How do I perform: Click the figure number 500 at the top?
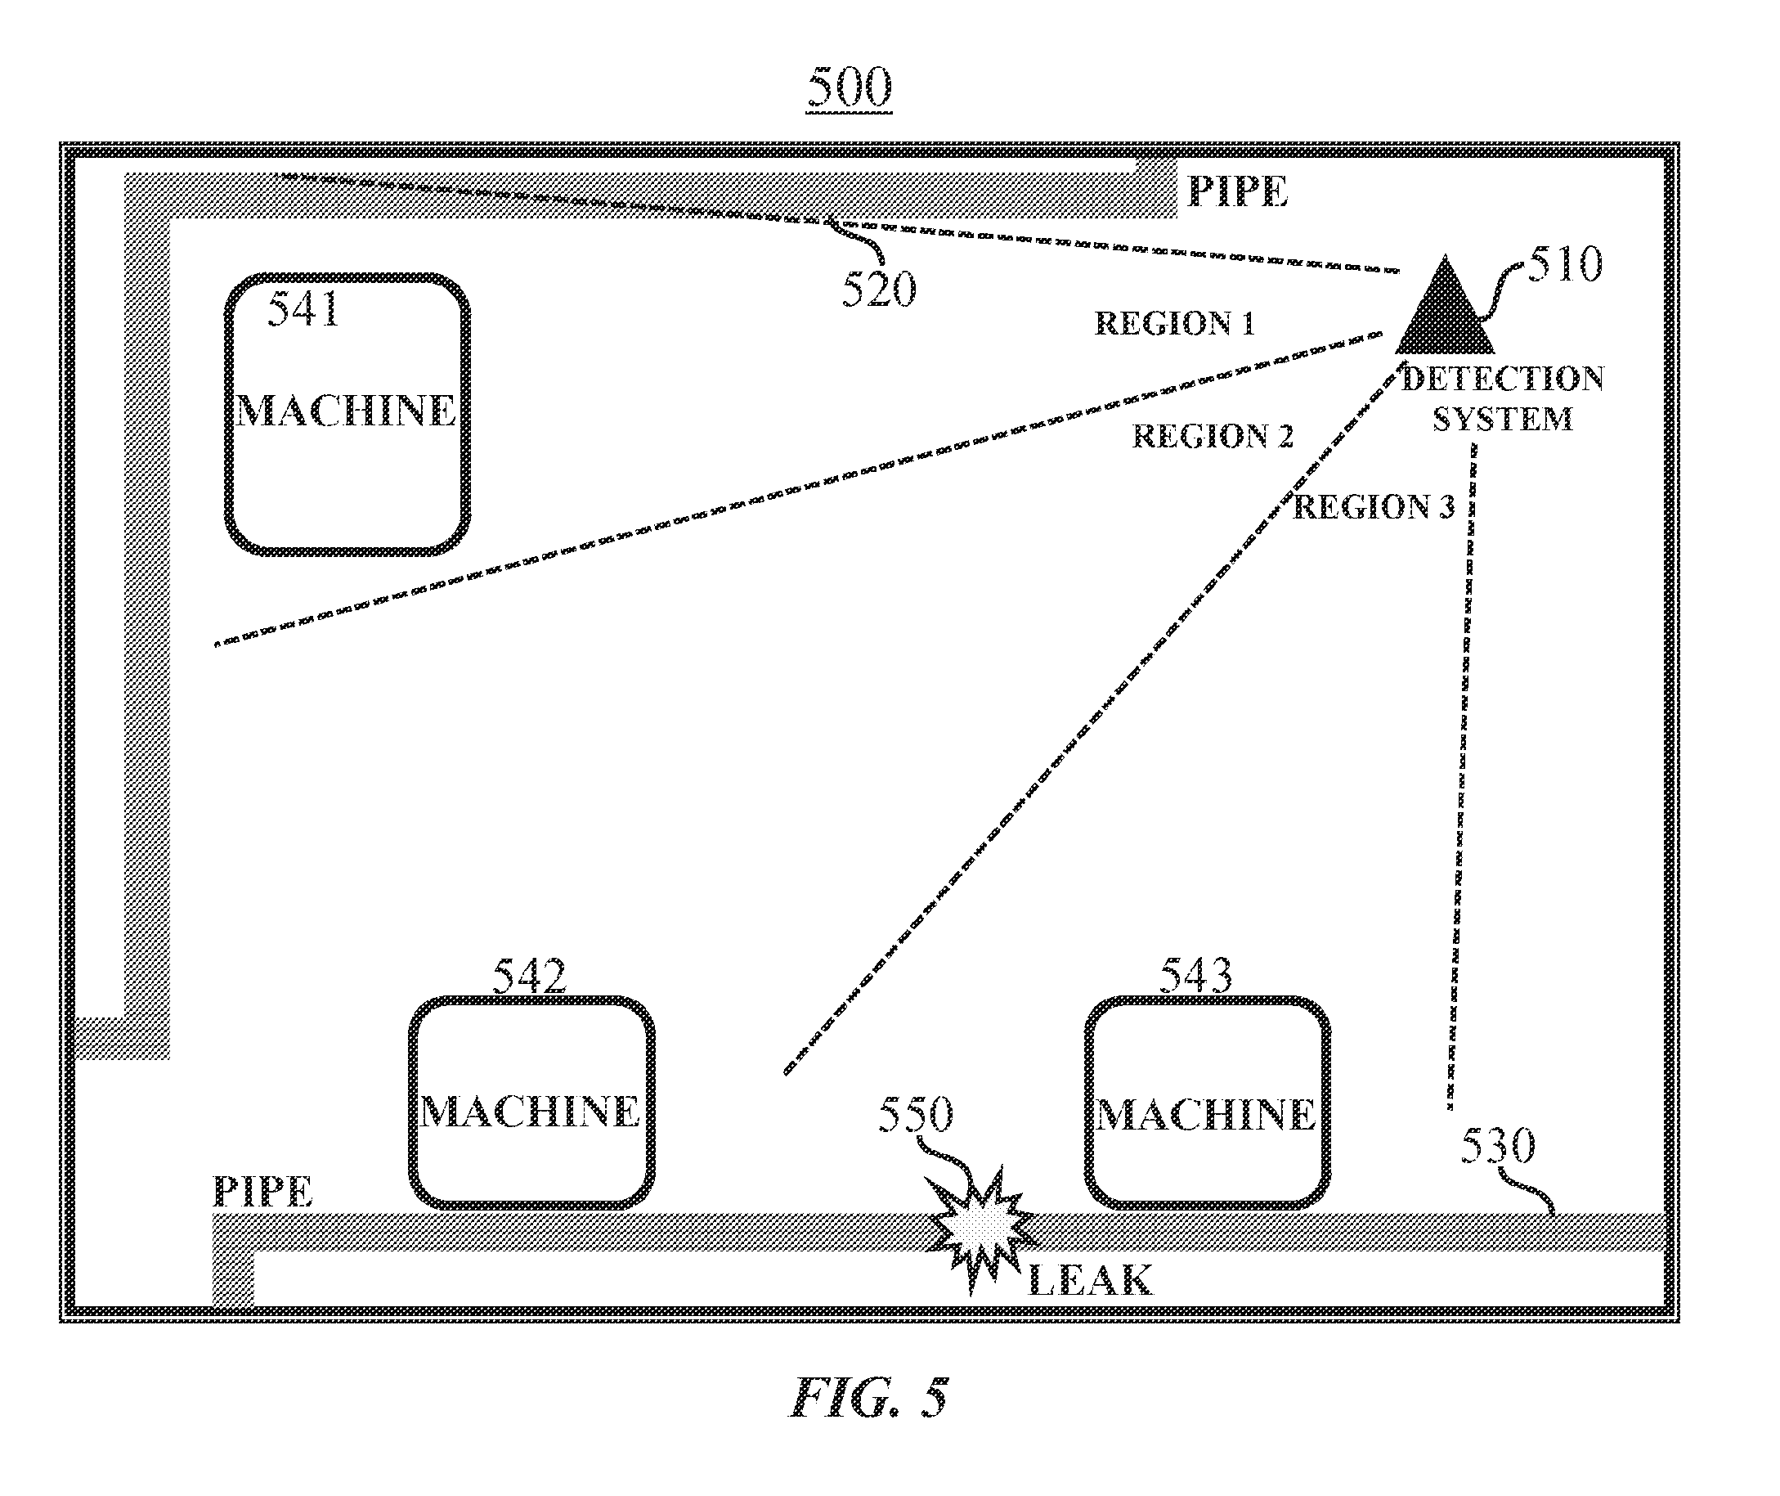tap(850, 88)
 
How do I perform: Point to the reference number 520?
tap(879, 290)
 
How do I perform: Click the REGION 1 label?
tap(1174, 323)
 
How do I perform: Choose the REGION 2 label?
tap(1213, 436)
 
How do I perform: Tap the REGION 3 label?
tap(1374, 507)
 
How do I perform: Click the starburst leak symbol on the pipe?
tap(980, 1229)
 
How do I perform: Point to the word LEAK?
tap(1091, 1281)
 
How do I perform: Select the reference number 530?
tap(1498, 1146)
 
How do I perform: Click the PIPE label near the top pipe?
tap(1238, 191)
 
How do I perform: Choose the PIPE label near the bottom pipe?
tap(262, 1192)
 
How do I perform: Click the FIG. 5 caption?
tap(870, 1399)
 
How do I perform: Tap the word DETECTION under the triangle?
tap(1503, 379)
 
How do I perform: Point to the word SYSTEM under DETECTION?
tap(1503, 419)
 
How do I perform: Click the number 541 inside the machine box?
tap(303, 308)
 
